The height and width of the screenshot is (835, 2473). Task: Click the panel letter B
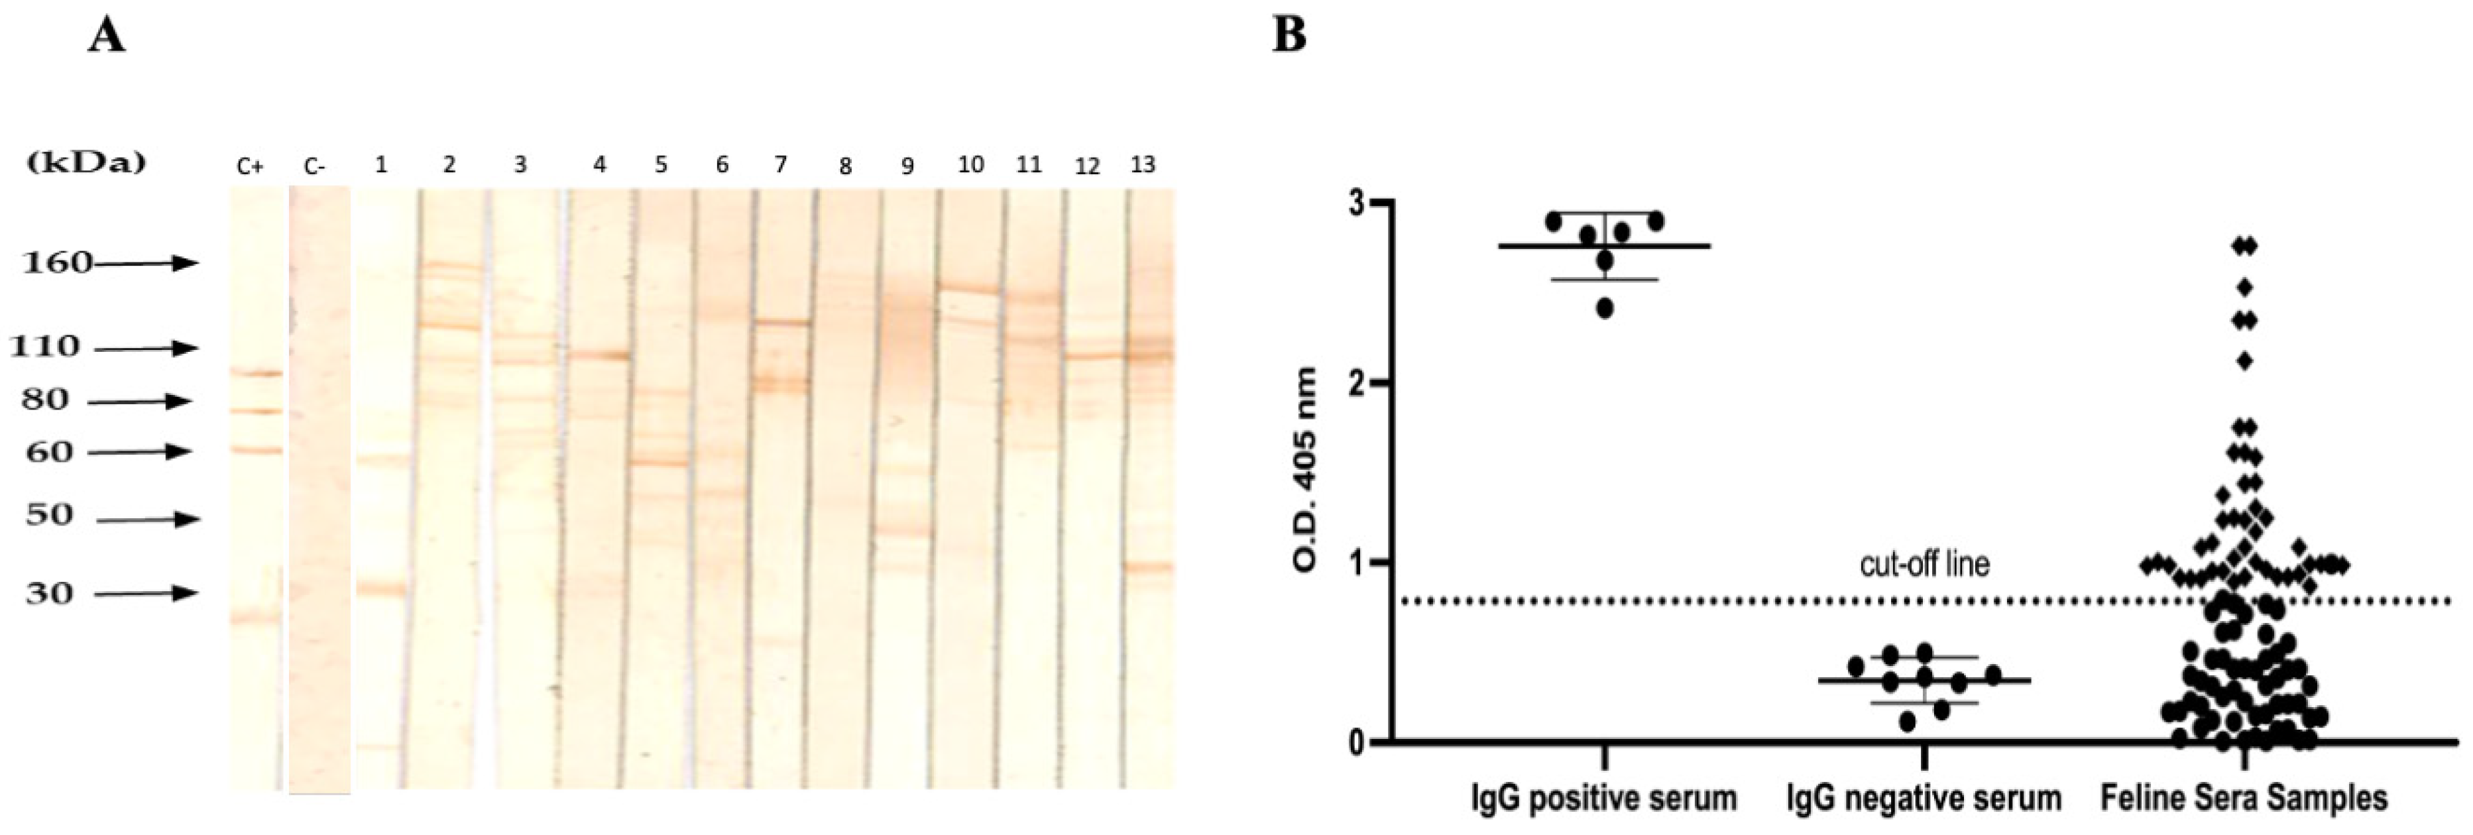pos(1289,36)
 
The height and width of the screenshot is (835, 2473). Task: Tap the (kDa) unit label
pos(86,162)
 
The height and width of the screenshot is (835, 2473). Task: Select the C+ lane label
pos(250,167)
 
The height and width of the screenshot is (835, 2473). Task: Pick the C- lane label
pos(314,167)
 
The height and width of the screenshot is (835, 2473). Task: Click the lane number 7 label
pos(781,165)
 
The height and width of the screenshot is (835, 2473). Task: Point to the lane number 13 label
pos(1143,165)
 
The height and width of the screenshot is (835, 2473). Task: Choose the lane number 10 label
pos(970,165)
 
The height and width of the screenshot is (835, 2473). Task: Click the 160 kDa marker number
pos(58,262)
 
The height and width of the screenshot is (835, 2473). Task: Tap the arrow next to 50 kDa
pos(148,520)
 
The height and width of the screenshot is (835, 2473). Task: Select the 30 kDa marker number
pos(49,593)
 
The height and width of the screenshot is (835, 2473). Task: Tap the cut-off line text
pos(1924,563)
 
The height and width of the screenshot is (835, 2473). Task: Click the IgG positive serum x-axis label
pos(1603,799)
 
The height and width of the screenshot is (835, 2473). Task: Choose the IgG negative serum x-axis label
pos(1924,799)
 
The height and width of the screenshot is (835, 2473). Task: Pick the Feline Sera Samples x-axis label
pos(2244,799)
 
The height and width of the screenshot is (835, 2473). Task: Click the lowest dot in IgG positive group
pos(1604,308)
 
